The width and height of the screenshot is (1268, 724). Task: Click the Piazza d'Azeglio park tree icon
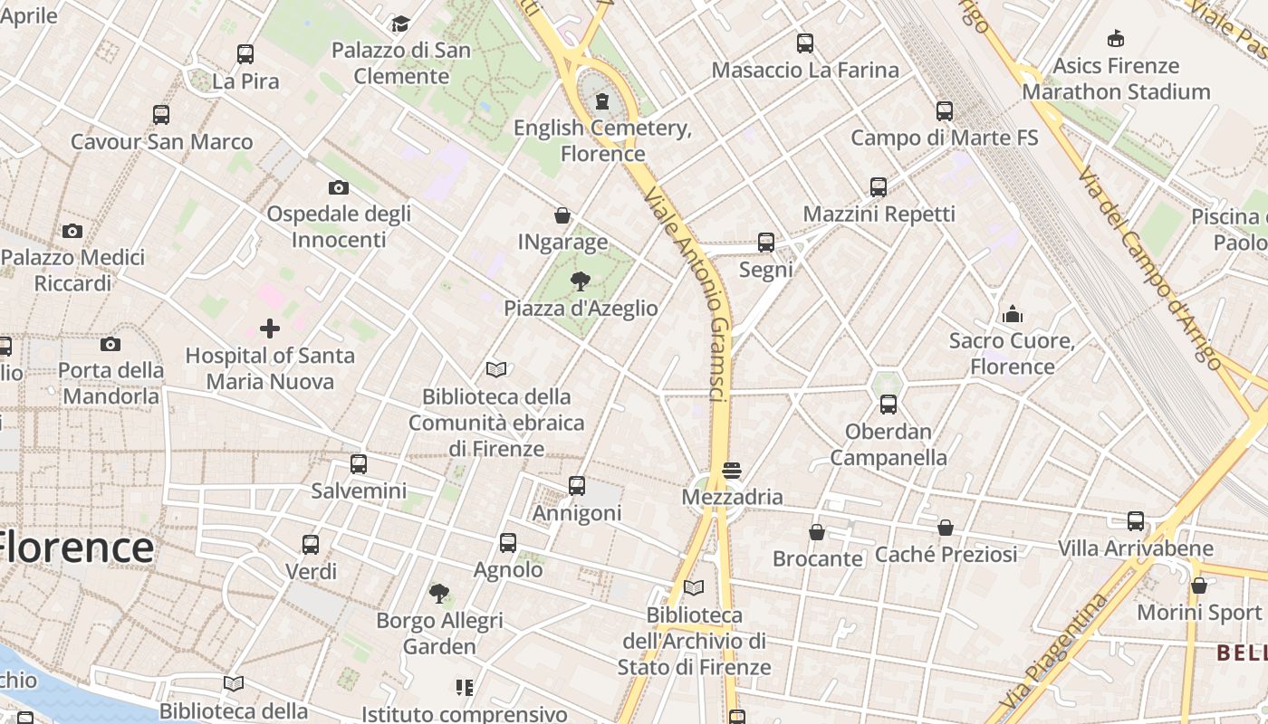click(x=581, y=281)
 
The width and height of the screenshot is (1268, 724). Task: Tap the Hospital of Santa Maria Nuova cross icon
click(x=270, y=329)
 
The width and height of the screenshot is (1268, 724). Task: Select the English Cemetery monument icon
click(x=602, y=101)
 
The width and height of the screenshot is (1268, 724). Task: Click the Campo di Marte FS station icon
click(x=945, y=111)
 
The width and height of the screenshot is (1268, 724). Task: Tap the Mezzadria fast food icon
click(x=732, y=471)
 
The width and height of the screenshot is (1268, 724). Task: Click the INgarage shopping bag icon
click(x=562, y=216)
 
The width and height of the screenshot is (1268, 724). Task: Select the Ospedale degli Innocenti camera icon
click(x=339, y=187)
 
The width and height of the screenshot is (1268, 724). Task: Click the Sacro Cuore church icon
click(x=1013, y=314)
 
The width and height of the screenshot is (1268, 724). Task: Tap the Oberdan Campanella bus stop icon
click(x=889, y=405)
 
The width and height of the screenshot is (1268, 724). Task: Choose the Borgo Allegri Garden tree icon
click(x=439, y=594)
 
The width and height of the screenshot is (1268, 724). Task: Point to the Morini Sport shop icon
click(x=1199, y=586)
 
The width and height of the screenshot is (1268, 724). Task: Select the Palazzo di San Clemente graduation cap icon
click(x=401, y=24)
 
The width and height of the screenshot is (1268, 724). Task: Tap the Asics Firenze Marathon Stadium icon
click(x=1116, y=39)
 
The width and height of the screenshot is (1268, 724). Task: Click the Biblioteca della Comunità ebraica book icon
click(x=496, y=369)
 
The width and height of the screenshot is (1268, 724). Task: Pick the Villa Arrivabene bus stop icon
click(x=1136, y=521)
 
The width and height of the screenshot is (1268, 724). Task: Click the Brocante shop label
click(x=818, y=558)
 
